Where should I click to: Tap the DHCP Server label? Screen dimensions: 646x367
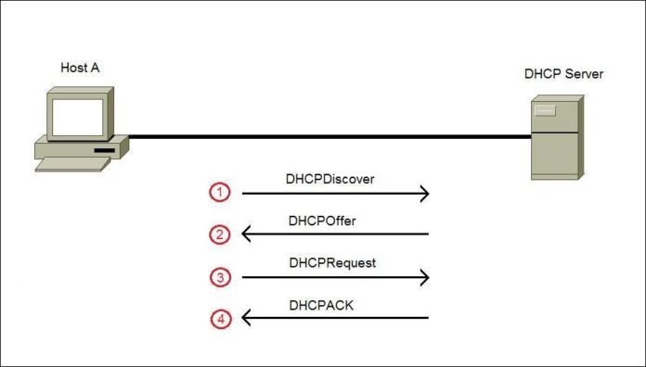tap(563, 73)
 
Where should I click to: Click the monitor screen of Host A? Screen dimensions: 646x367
tap(78, 117)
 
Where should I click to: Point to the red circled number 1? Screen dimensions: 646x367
tap(219, 193)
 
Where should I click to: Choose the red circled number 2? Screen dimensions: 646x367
tap(219, 234)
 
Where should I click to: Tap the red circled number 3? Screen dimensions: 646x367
tap(219, 277)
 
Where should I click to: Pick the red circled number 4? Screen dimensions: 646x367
tap(219, 320)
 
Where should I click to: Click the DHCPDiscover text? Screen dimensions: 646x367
tap(331, 179)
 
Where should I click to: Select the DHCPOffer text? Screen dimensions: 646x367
tap(323, 221)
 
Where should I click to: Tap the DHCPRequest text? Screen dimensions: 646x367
tap(331, 263)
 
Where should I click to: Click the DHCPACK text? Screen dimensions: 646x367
tap(321, 305)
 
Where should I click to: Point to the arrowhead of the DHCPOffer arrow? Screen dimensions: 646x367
tap(246, 234)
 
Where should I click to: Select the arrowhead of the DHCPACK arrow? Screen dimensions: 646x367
tap(246, 319)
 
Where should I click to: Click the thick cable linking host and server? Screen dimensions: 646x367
tap(325, 137)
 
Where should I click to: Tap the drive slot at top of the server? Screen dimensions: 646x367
tap(545, 112)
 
